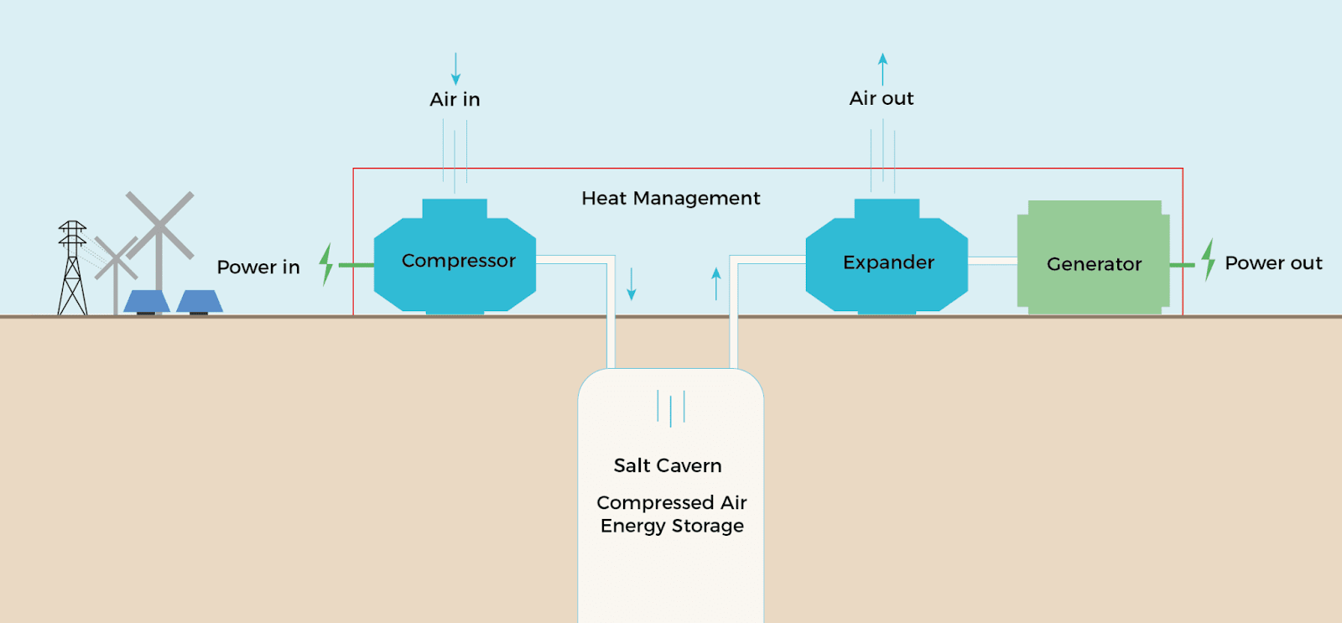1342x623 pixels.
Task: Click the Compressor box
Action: [x=455, y=261]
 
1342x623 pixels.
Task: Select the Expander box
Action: [x=887, y=262]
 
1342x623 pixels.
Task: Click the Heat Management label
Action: [x=670, y=199]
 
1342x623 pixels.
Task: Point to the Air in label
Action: [x=455, y=100]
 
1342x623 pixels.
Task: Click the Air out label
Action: [x=881, y=99]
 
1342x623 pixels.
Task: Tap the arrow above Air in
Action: [x=455, y=69]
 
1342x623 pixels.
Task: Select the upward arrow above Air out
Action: [x=882, y=69]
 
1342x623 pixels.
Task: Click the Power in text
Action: [x=257, y=267]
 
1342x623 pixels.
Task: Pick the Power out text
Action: [x=1272, y=263]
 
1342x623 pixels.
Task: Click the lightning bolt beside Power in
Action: [x=326, y=264]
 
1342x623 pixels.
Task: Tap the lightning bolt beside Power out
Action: [x=1208, y=259]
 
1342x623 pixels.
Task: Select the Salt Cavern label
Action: [x=667, y=466]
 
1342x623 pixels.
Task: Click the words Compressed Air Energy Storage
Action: [x=672, y=514]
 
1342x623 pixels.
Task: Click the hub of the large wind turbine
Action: [x=159, y=226]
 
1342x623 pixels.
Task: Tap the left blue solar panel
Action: [x=147, y=301]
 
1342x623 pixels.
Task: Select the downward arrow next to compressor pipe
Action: [x=632, y=284]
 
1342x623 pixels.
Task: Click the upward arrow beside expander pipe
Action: [x=716, y=283]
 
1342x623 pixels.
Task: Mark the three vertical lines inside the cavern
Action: [x=671, y=408]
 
